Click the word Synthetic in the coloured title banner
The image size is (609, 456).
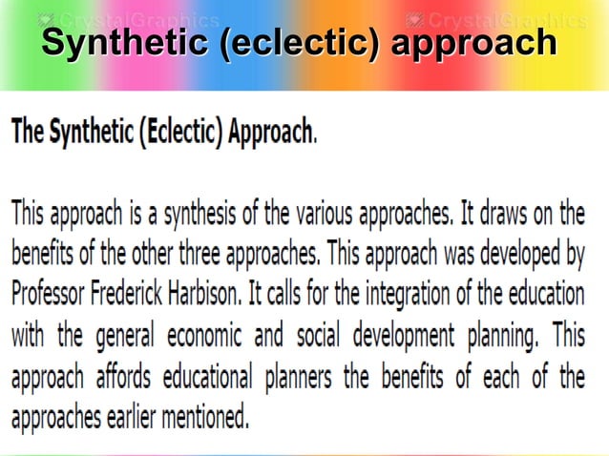point(125,43)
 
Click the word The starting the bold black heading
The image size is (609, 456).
point(29,131)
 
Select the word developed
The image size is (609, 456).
point(515,255)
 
